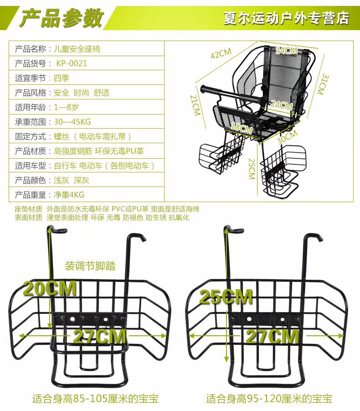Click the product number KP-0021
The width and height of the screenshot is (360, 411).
tap(72, 63)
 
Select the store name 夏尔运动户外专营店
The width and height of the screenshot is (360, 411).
tap(286, 18)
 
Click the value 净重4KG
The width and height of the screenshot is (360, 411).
tap(69, 195)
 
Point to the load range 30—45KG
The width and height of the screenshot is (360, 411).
tap(72, 122)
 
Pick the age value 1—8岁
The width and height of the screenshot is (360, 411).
tap(67, 107)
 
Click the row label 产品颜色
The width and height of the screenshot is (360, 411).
tap(31, 180)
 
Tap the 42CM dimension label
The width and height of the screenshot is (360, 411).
tap(221, 54)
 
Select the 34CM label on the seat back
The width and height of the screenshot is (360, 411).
tap(286, 51)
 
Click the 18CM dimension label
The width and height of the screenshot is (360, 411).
tap(241, 129)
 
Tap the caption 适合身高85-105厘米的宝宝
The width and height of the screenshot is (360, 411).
tap(95, 398)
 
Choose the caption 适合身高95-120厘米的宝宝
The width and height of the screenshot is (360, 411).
tap(269, 398)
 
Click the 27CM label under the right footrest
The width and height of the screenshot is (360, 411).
tap(273, 337)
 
